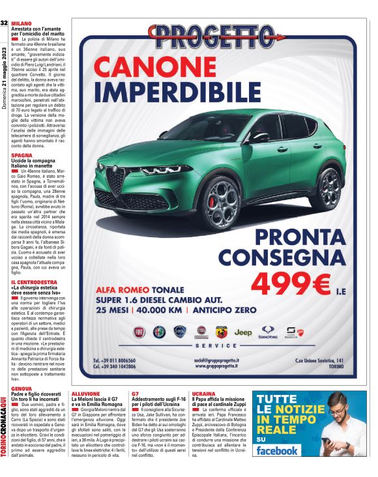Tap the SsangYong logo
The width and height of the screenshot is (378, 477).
pyautogui.click(x=267, y=332)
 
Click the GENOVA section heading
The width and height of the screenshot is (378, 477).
pyautogui.click(x=22, y=388)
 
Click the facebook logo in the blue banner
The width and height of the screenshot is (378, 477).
pyautogui.click(x=278, y=451)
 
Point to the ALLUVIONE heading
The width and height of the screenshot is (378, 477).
pyautogui.click(x=86, y=394)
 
